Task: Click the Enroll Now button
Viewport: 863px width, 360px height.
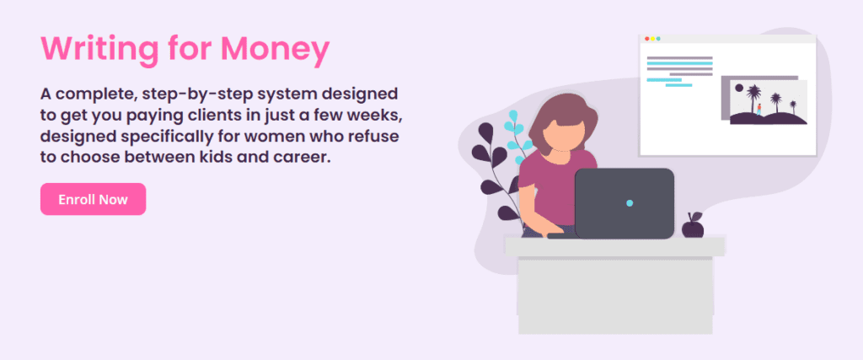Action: click(93, 199)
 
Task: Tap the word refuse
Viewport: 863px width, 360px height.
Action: click(378, 136)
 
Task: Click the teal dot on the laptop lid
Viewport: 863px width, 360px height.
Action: click(630, 203)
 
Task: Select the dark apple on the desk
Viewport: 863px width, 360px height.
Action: click(693, 226)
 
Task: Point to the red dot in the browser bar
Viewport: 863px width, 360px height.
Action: click(646, 39)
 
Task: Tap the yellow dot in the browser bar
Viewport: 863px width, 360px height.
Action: click(653, 39)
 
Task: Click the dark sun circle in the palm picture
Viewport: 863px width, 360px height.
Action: click(739, 88)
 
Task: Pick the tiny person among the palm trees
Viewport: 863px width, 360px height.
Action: click(759, 110)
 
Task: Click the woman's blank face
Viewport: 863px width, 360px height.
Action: click(562, 134)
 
